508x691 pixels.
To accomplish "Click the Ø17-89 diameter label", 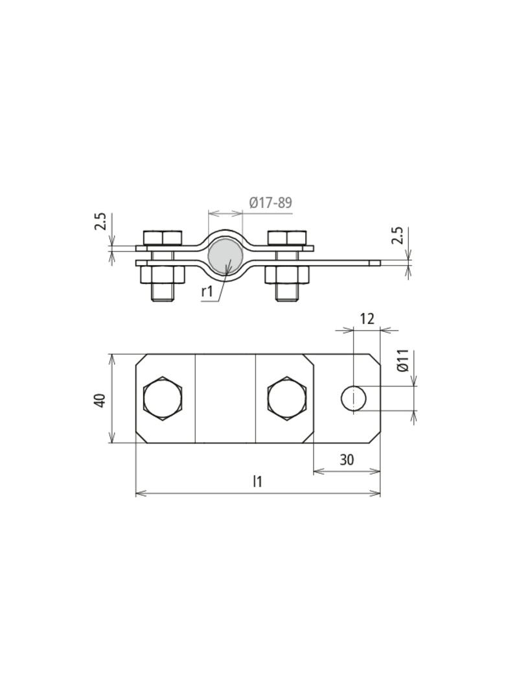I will pyautogui.click(x=271, y=203).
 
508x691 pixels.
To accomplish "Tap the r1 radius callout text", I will pyautogui.click(x=207, y=291).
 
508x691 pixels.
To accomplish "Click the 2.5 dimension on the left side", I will pyautogui.click(x=100, y=222).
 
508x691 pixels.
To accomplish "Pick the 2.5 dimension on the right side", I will pyautogui.click(x=398, y=235).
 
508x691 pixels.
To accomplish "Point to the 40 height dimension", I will pyautogui.click(x=99, y=399).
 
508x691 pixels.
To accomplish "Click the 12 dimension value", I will pyautogui.click(x=367, y=319).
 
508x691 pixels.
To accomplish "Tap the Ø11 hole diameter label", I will pyautogui.click(x=403, y=360).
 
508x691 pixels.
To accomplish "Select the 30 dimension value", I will pyautogui.click(x=347, y=460).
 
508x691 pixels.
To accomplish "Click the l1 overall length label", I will pyautogui.click(x=257, y=482).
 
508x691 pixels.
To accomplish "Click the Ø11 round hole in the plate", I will pyautogui.click(x=354, y=398).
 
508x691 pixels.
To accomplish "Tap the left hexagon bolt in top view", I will pyautogui.click(x=162, y=398).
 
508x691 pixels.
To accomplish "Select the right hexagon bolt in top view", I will pyautogui.click(x=287, y=398).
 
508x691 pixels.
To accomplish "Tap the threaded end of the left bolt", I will pyautogui.click(x=162, y=293).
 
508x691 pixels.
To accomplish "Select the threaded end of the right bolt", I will pyautogui.click(x=287, y=293).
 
